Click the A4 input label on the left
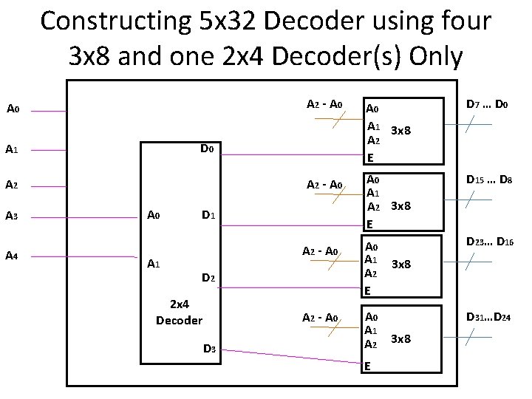click(12, 256)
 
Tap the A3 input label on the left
click(12, 216)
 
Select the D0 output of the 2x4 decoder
click(207, 150)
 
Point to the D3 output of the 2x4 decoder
click(208, 349)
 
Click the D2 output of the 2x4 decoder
click(208, 279)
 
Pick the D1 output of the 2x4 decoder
click(208, 216)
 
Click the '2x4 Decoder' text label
click(179, 313)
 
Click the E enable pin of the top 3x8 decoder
click(370, 157)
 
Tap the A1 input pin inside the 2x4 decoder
click(154, 264)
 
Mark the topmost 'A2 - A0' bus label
click(324, 103)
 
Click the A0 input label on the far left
click(12, 110)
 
